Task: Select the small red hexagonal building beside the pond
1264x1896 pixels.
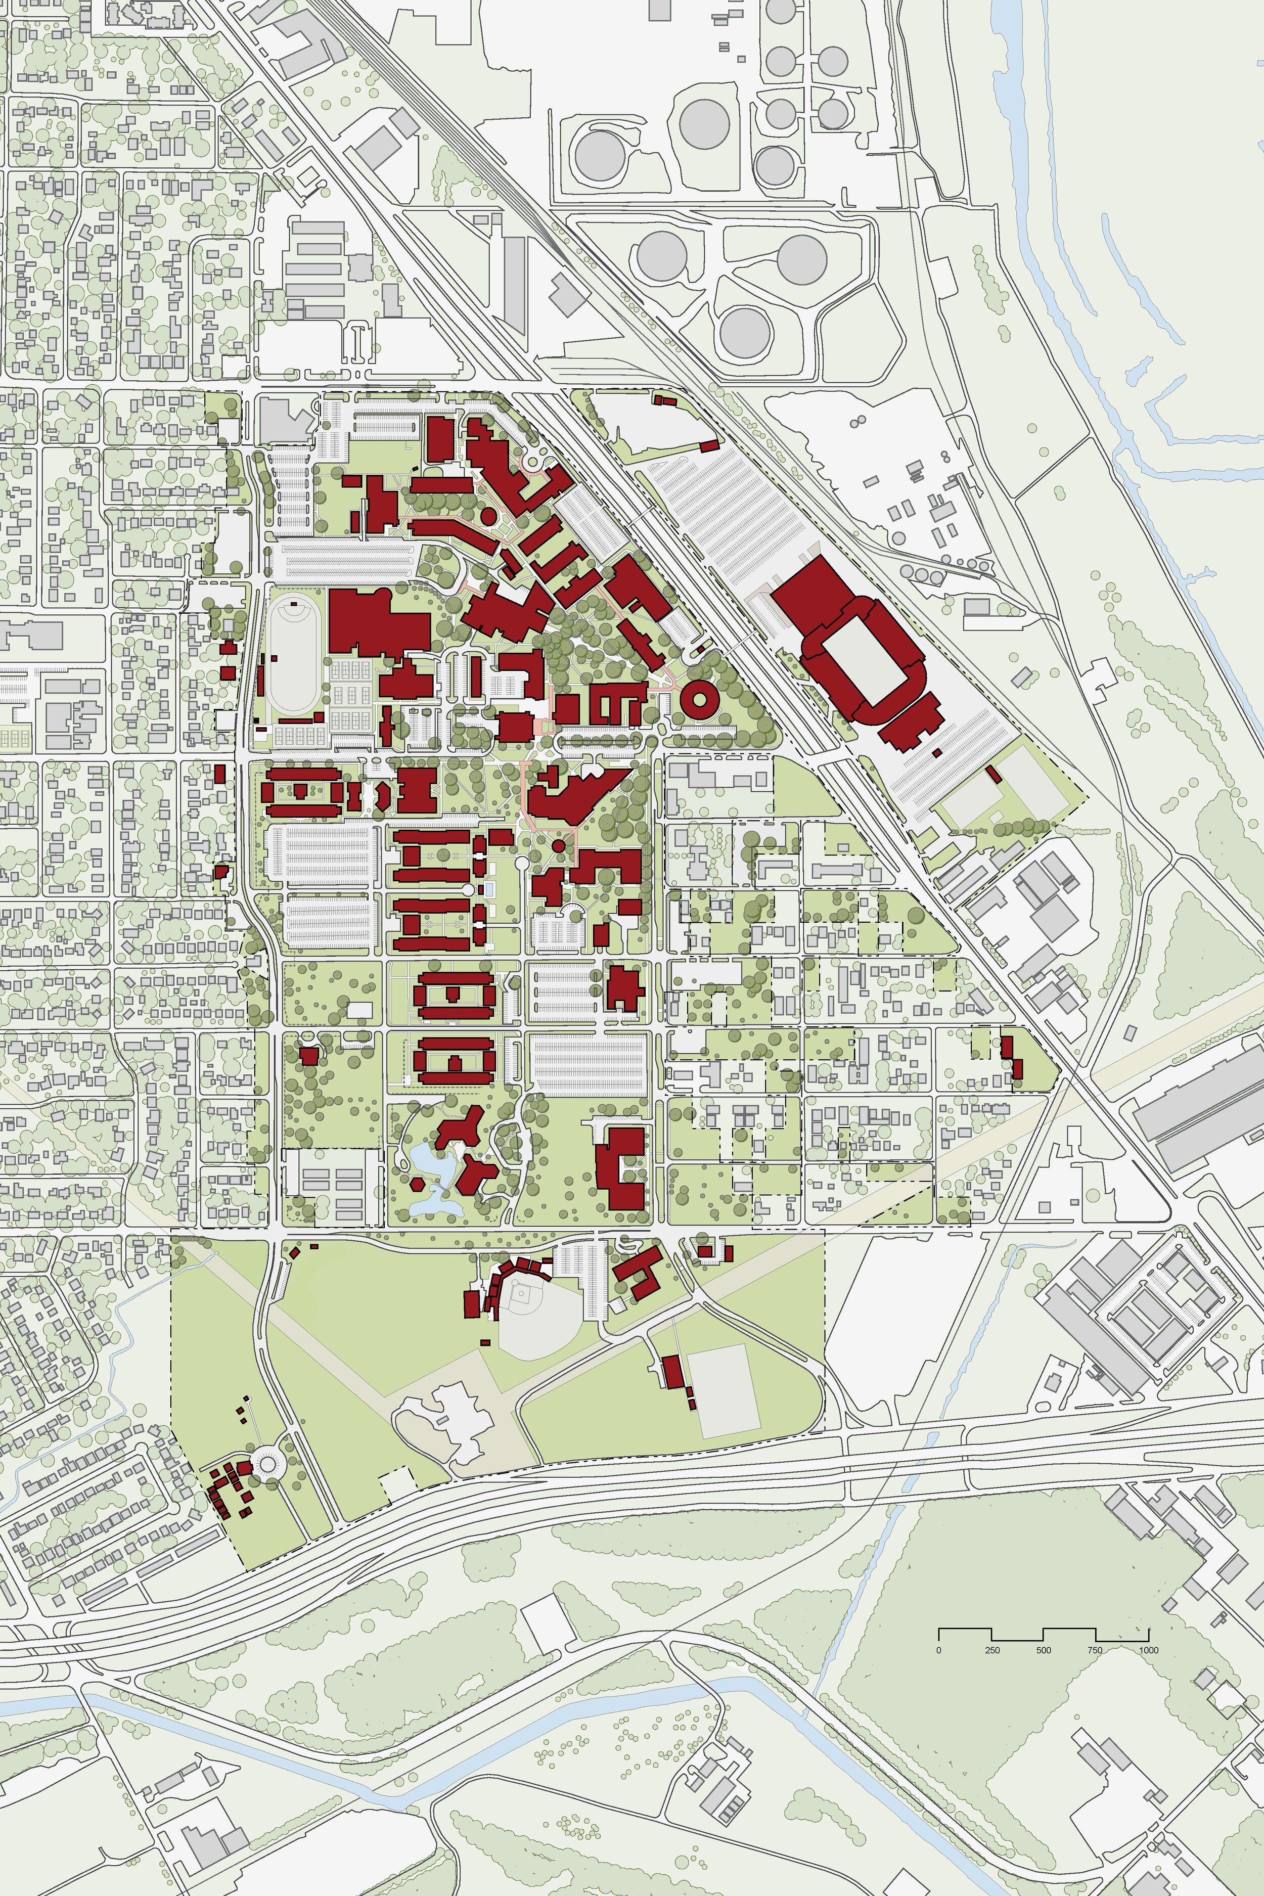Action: [x=417, y=1184]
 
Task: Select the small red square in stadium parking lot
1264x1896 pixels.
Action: [x=937, y=752]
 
